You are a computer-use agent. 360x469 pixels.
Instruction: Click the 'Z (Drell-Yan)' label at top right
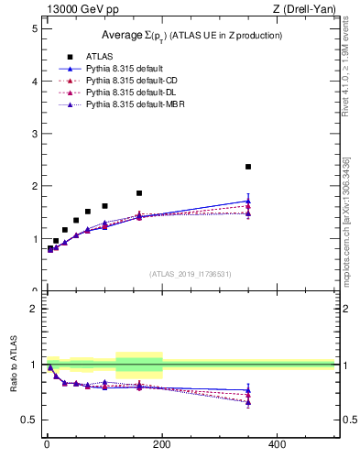tap(305, 10)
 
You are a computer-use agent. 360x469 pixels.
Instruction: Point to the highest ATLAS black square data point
tap(248, 167)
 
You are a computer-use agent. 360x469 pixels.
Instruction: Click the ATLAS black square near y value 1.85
tap(139, 193)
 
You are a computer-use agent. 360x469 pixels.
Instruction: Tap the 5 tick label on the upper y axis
tap(34, 28)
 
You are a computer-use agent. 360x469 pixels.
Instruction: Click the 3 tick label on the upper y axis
tap(34, 134)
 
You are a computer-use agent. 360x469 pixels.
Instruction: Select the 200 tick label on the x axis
tap(162, 443)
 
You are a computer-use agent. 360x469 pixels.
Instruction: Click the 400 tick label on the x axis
tap(278, 443)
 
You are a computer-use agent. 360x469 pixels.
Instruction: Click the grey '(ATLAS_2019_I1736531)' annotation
tap(191, 274)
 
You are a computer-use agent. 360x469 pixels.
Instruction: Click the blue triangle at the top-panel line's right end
tap(248, 201)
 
